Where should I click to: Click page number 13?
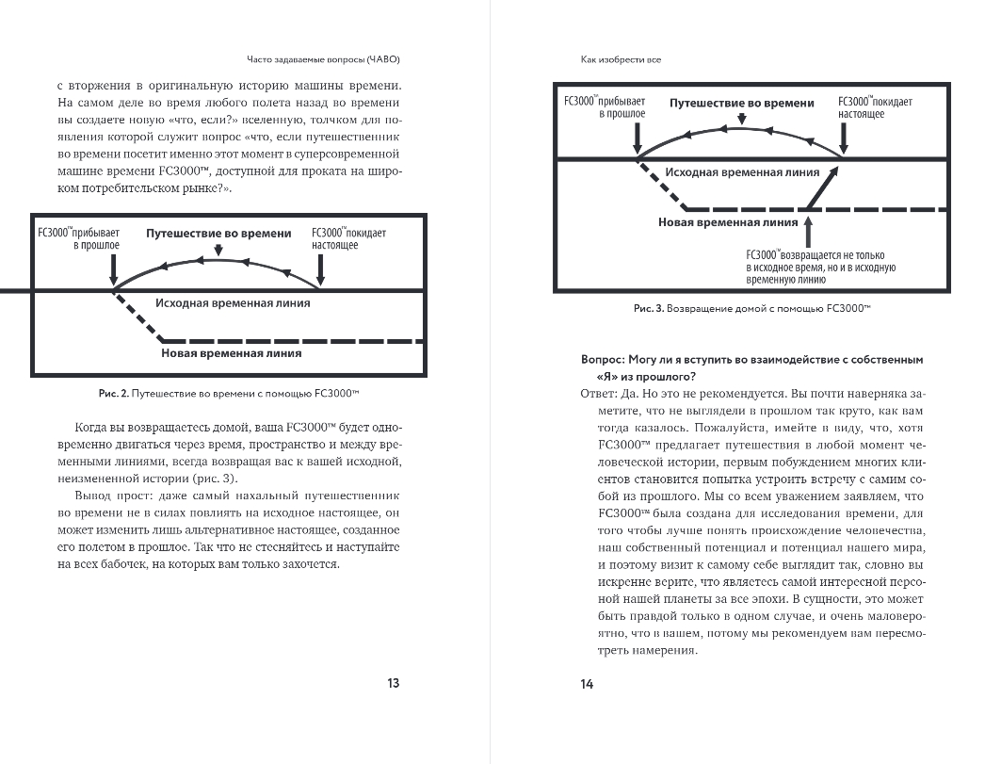(x=395, y=683)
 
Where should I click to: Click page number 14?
(x=588, y=684)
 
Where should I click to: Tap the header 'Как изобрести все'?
(x=621, y=59)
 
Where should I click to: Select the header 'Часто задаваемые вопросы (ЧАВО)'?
(x=325, y=59)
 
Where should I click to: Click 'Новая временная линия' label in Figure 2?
(x=231, y=354)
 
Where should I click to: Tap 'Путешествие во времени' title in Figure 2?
(x=218, y=232)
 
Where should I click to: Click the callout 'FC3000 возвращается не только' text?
(x=815, y=254)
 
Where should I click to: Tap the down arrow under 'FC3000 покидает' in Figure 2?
(x=322, y=271)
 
